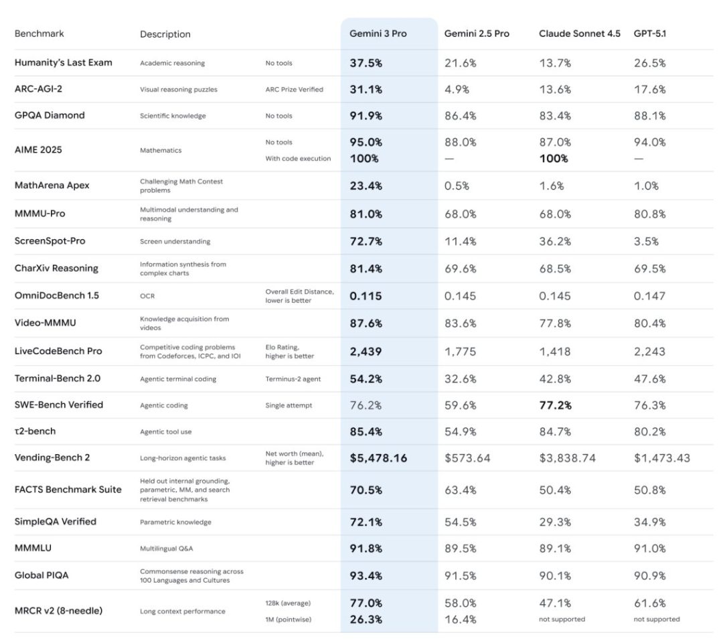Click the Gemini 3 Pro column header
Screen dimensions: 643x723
coord(378,33)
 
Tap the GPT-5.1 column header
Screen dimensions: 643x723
coord(649,33)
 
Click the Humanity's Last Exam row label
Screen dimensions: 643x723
coord(64,62)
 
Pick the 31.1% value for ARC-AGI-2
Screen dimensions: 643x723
coord(366,89)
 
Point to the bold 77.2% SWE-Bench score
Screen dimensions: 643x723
coord(555,405)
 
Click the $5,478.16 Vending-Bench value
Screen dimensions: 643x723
coord(378,458)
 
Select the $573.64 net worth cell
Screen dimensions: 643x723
coord(467,458)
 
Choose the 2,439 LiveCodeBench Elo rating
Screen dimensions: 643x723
coord(366,352)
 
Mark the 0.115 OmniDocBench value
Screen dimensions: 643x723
coord(366,295)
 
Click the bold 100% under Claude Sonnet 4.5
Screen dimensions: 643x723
coord(554,159)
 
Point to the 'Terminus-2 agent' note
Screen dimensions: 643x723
coord(293,379)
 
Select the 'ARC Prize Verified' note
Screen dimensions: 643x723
coord(294,90)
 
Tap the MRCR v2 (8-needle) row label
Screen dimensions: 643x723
coord(59,610)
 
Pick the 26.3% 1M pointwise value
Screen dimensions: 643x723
coord(366,619)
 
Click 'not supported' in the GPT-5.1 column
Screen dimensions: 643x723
coord(656,620)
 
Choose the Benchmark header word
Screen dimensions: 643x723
coord(39,33)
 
